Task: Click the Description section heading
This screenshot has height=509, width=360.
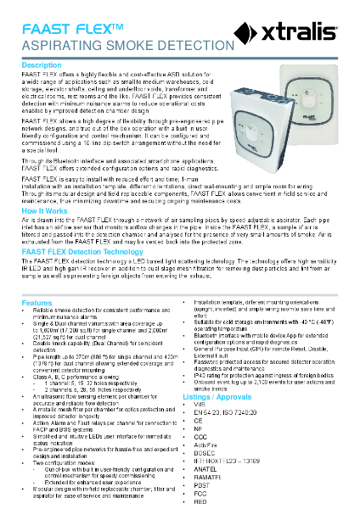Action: (42, 65)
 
